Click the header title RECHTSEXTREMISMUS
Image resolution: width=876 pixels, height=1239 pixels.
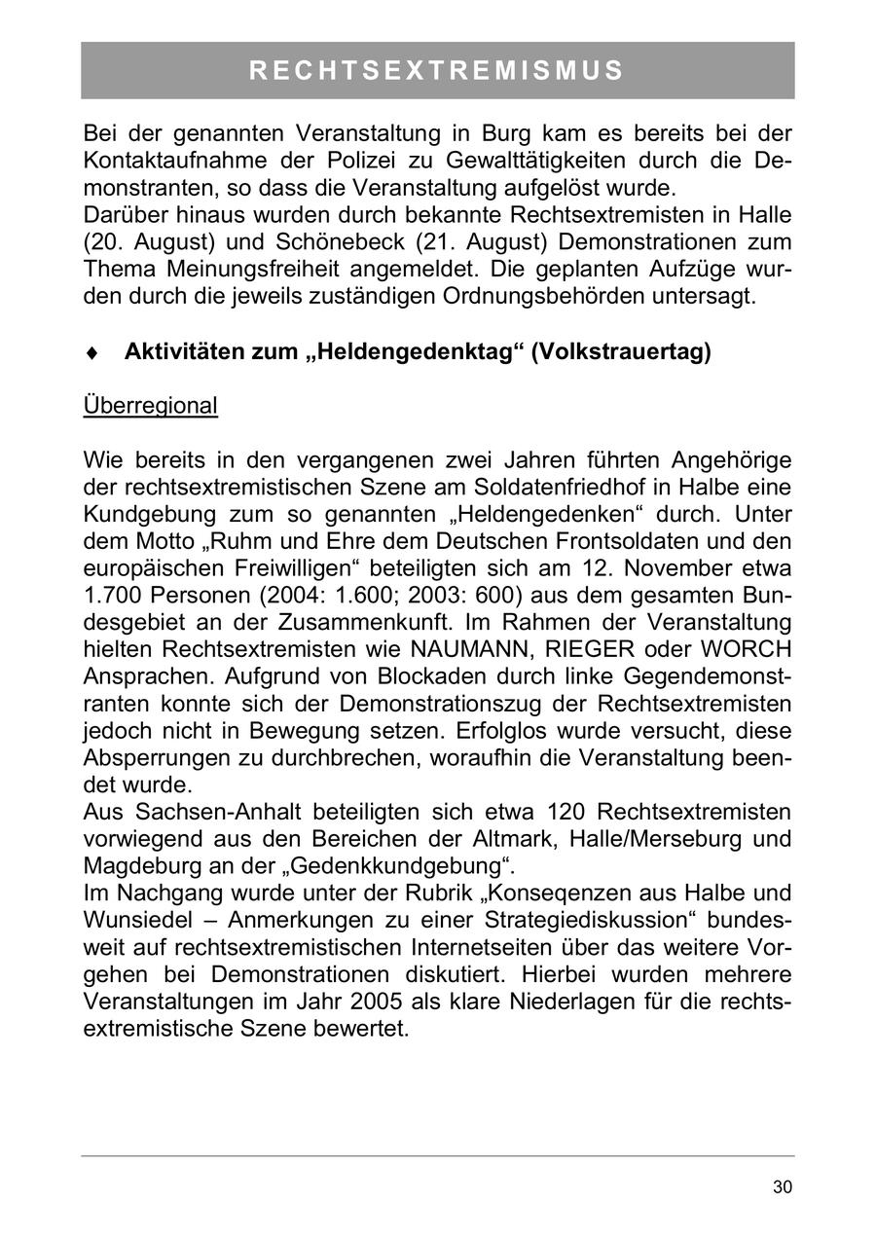437,71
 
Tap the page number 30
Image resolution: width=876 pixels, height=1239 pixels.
783,1186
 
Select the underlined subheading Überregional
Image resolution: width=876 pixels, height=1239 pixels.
151,406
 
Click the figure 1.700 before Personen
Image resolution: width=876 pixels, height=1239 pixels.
115,595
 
